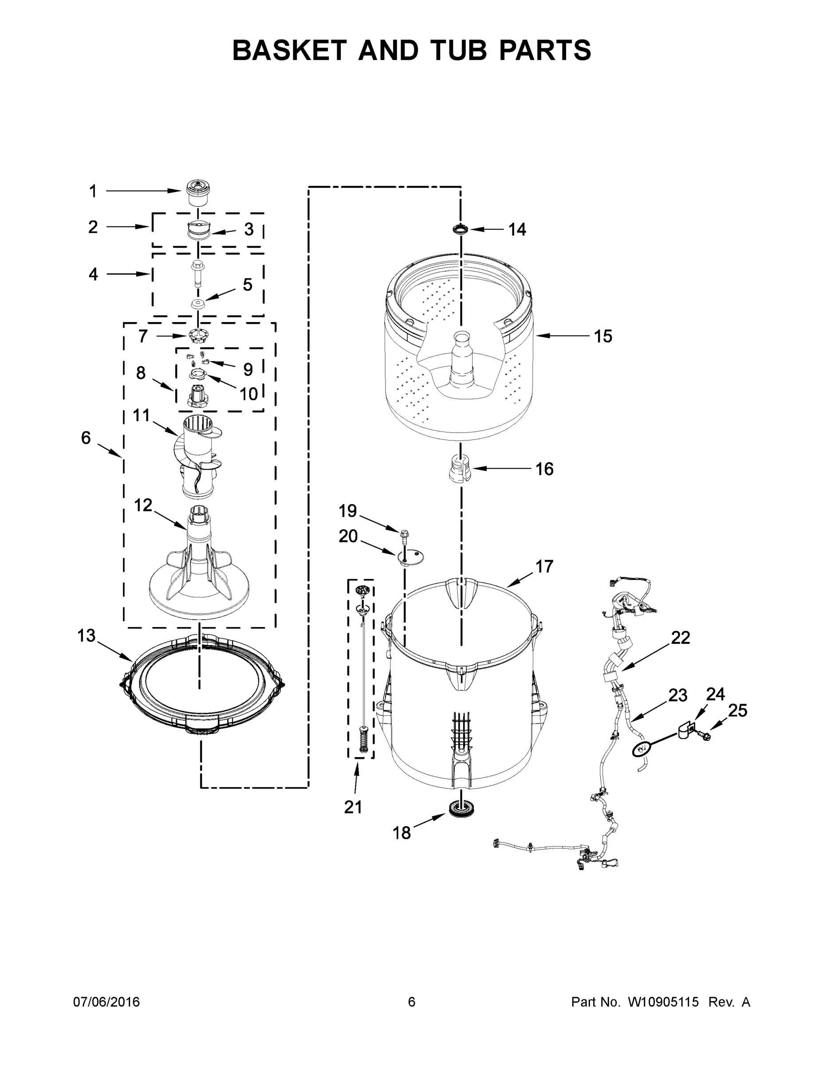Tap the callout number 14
(x=517, y=230)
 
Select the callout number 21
(x=354, y=807)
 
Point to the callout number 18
(x=402, y=833)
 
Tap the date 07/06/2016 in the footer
(x=106, y=1002)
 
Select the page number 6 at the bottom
(x=412, y=1002)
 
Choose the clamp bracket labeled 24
(x=686, y=731)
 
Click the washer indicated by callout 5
(x=198, y=304)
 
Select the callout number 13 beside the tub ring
(x=87, y=636)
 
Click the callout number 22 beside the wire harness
(x=681, y=637)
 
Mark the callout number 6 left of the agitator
(x=86, y=438)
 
